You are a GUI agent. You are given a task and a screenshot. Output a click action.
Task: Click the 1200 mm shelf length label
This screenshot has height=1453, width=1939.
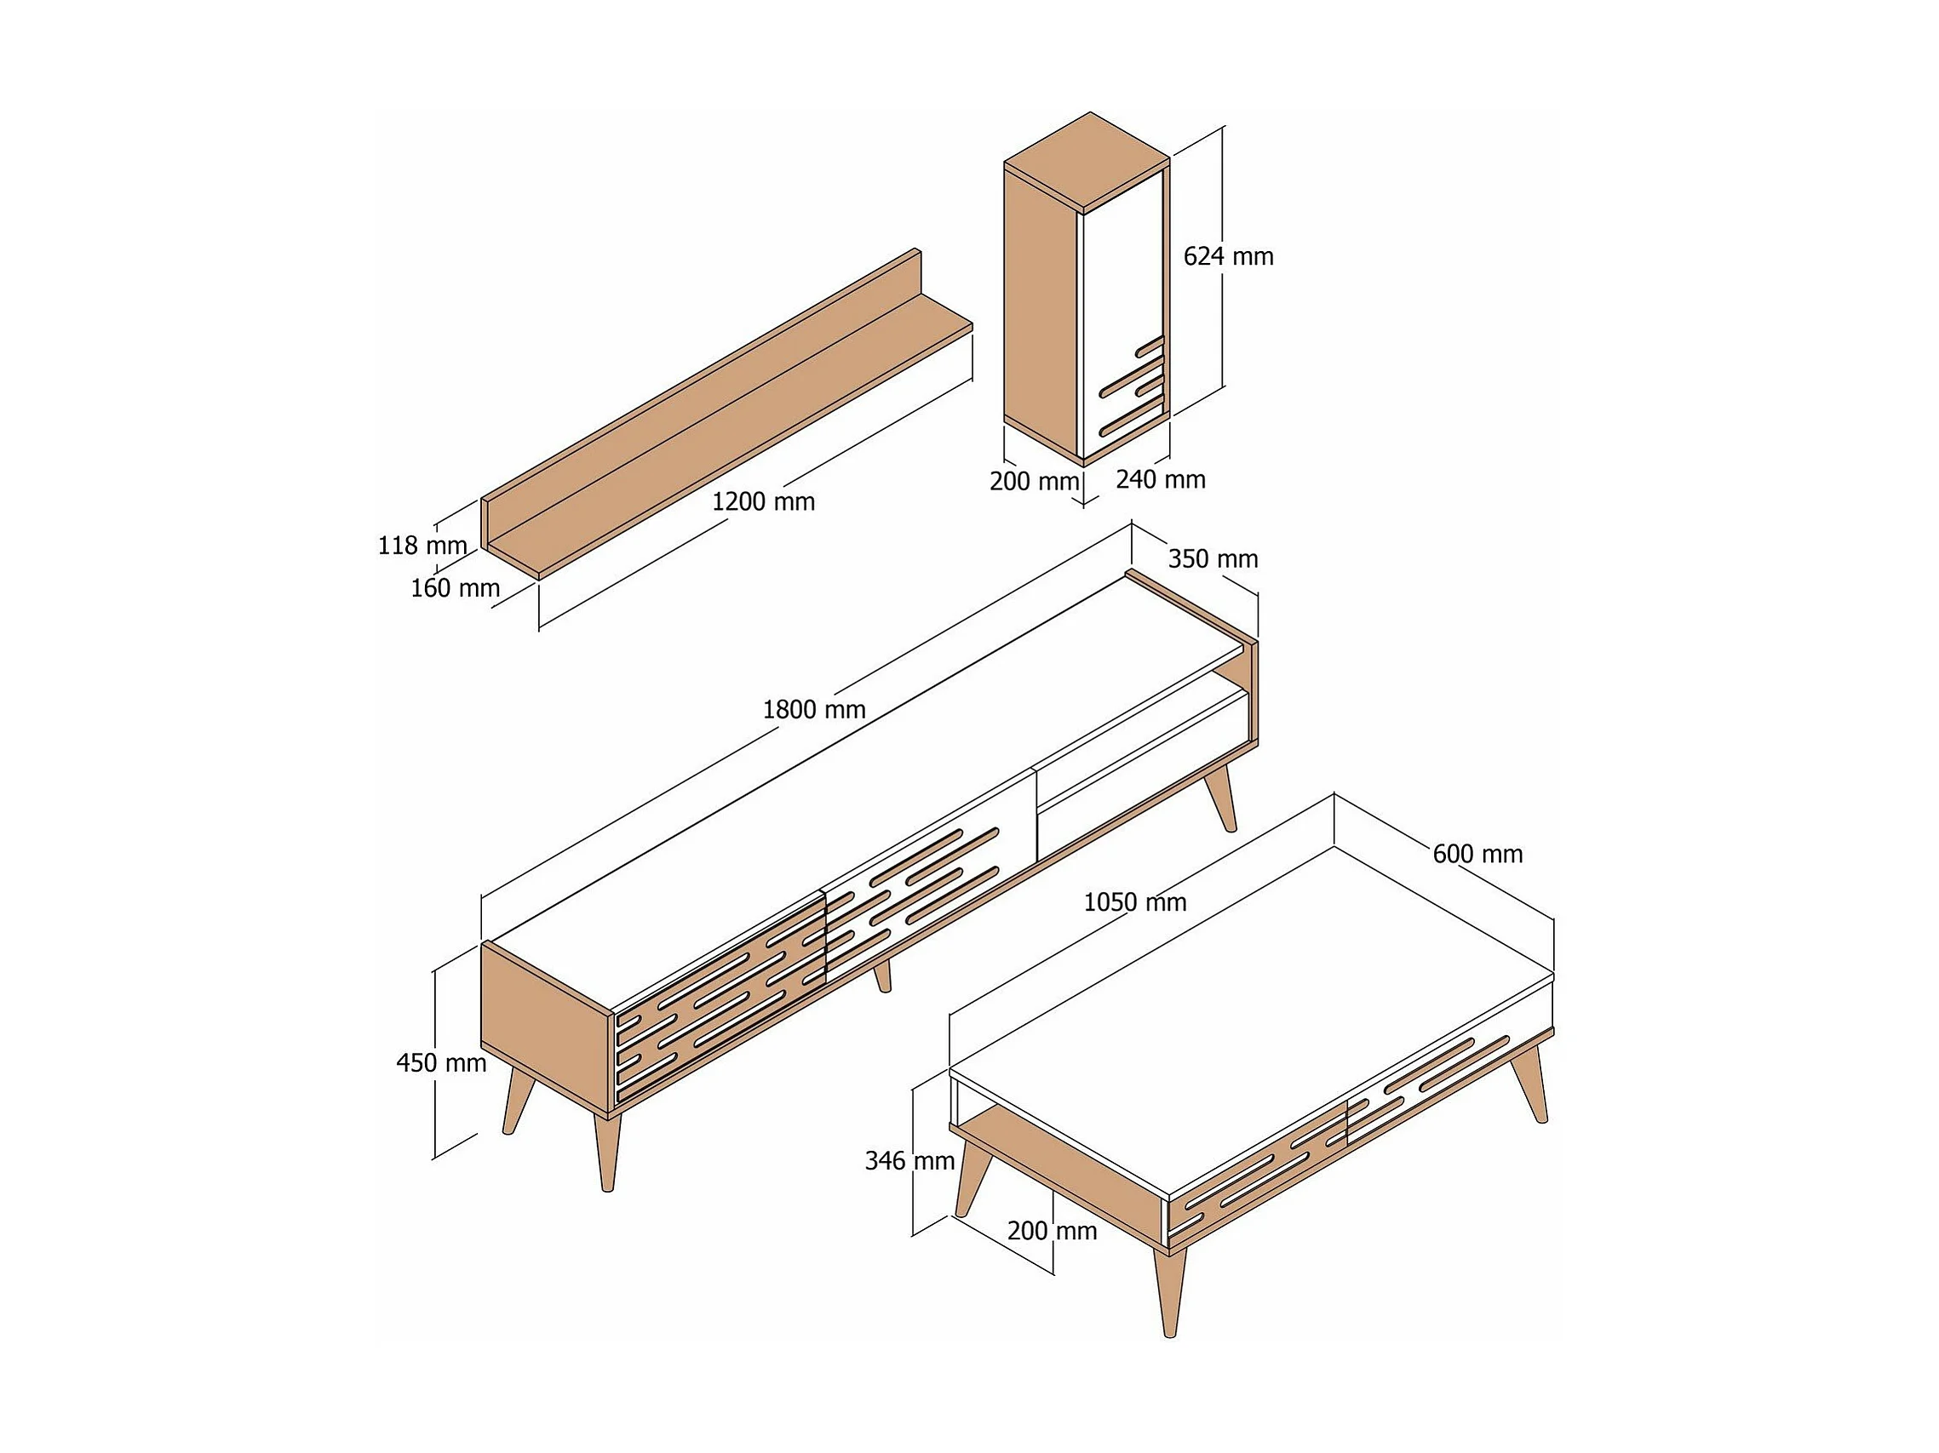763,502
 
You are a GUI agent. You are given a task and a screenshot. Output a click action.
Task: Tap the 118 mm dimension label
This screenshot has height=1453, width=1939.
422,546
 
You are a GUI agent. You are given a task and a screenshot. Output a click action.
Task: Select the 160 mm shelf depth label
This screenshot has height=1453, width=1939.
455,588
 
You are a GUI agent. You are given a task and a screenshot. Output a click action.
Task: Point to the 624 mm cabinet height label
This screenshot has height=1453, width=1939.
1228,257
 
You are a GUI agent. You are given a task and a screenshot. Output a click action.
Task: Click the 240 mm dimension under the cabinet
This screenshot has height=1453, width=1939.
1161,480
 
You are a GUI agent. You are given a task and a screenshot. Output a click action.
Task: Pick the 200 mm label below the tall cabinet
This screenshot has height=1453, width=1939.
1035,482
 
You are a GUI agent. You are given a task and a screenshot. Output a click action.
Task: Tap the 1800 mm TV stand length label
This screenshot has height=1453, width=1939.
813,710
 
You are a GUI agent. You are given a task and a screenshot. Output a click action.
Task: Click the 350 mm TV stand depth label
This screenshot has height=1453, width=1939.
1213,559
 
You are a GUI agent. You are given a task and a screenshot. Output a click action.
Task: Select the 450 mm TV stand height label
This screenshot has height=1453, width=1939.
441,1064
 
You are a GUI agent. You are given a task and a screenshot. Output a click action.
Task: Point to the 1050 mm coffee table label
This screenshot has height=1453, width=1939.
1134,902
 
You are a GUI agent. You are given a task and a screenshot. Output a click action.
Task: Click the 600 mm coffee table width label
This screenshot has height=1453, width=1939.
1477,855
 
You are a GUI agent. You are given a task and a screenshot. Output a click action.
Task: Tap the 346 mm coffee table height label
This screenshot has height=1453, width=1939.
909,1161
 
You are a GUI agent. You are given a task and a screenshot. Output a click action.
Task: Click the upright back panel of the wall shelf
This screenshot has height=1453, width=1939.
702,381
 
